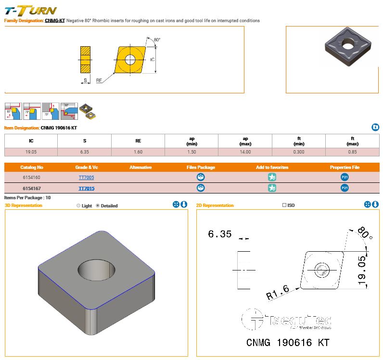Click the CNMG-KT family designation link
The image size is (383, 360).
55,21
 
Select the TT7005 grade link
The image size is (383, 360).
87,178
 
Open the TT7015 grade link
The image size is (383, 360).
87,188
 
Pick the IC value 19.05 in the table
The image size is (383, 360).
31,152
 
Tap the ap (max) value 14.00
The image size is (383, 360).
245,152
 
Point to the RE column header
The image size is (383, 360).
138,141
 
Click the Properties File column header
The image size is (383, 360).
345,167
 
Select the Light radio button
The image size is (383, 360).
78,206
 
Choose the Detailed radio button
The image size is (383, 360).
98,206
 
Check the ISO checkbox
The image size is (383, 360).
284,206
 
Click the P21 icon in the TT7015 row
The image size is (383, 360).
345,188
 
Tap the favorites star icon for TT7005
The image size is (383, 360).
272,178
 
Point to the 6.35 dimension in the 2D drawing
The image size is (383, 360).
220,234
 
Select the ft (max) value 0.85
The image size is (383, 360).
352,152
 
